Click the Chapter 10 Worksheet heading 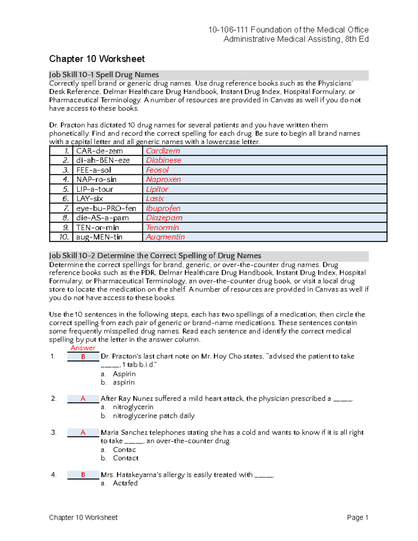coord(97,59)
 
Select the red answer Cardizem coord(163,151)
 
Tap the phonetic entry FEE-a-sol coord(94,170)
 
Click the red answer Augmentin coord(165,237)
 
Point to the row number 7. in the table coord(66,208)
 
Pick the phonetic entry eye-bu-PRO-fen coord(106,208)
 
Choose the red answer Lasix coord(155,199)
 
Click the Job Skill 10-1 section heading coord(104,75)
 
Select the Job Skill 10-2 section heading coord(155,256)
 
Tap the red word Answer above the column coord(83,348)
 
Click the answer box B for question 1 coord(83,357)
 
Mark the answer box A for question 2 coord(83,399)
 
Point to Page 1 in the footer coord(357,517)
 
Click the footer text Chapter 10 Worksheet coord(83,517)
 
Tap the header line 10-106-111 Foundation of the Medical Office coord(288,30)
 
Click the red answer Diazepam coord(164,218)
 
